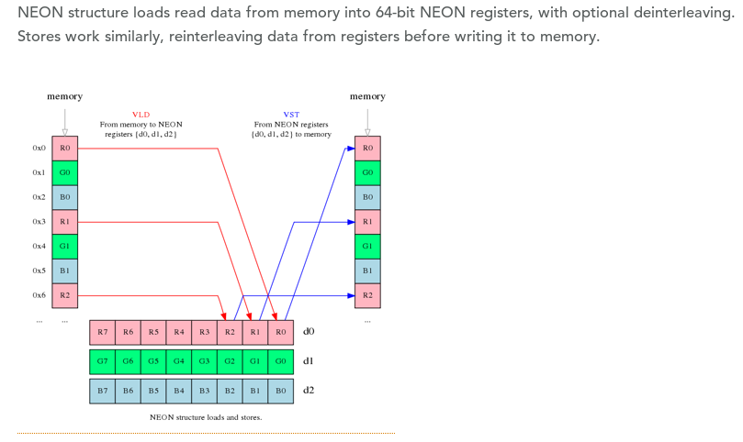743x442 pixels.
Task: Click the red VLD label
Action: click(x=141, y=115)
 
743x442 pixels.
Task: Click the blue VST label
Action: click(x=291, y=115)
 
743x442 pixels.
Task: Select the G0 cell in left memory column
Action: click(x=64, y=172)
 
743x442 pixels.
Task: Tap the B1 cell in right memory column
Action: click(x=367, y=271)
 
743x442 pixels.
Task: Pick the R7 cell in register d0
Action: click(x=102, y=332)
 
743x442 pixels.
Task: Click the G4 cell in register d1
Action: click(x=179, y=361)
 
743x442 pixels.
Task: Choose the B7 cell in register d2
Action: click(x=102, y=391)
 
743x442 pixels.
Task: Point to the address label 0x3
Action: click(x=39, y=222)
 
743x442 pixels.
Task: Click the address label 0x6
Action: click(x=39, y=295)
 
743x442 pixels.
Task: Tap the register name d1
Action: click(x=309, y=361)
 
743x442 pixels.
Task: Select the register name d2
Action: click(x=309, y=391)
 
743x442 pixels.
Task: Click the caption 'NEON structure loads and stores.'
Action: click(x=206, y=417)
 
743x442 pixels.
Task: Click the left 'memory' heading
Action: click(x=64, y=96)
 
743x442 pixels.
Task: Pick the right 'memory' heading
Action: click(x=367, y=96)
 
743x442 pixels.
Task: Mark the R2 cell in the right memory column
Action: click(x=367, y=295)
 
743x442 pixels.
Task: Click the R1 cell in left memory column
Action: click(x=64, y=222)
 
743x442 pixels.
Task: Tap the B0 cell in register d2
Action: click(x=281, y=391)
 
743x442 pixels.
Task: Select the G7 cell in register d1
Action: click(x=102, y=361)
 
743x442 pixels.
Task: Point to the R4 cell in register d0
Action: click(x=179, y=332)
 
